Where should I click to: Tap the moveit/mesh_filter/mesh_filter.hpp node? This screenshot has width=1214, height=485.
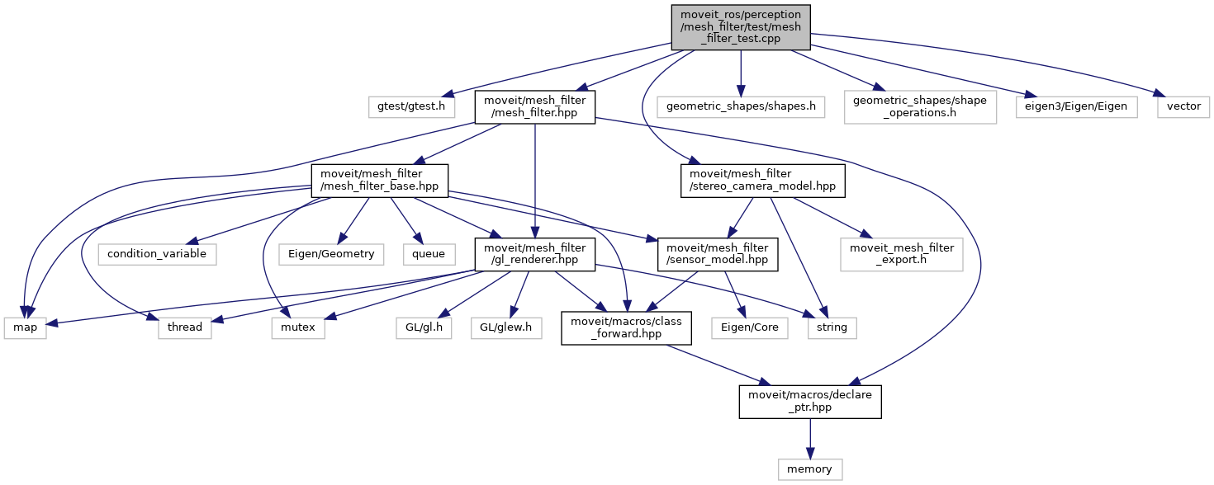tap(534, 106)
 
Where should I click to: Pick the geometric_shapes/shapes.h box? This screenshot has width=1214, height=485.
tap(741, 106)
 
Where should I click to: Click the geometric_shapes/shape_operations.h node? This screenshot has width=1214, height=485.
tap(920, 106)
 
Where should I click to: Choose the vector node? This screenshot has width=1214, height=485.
tap(1184, 106)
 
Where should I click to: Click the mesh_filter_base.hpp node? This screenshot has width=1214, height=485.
tap(379, 181)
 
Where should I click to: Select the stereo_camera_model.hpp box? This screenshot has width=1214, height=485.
tap(764, 181)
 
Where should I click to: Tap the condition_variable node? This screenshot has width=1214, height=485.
tap(157, 254)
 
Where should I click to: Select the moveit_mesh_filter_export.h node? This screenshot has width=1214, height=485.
tap(901, 254)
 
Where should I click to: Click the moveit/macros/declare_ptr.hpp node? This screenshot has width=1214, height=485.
tap(809, 401)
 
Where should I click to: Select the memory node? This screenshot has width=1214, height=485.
tap(809, 469)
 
